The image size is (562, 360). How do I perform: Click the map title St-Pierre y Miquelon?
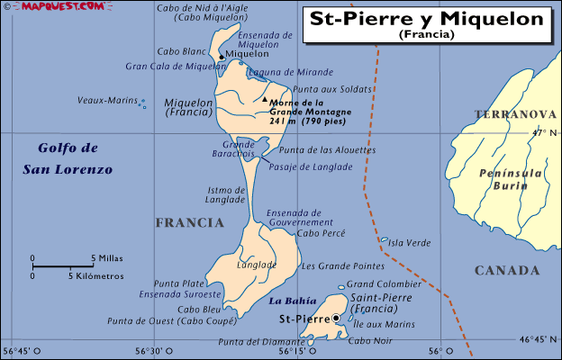[428, 18]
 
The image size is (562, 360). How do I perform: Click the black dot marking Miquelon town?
[222, 57]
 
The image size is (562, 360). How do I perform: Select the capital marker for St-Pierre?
[336, 318]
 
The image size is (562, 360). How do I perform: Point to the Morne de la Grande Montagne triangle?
[265, 100]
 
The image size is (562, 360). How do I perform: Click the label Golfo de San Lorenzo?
[68, 158]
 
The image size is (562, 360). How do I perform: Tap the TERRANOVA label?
[515, 114]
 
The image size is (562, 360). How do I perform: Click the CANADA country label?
[506, 270]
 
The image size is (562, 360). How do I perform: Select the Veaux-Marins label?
[104, 100]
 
